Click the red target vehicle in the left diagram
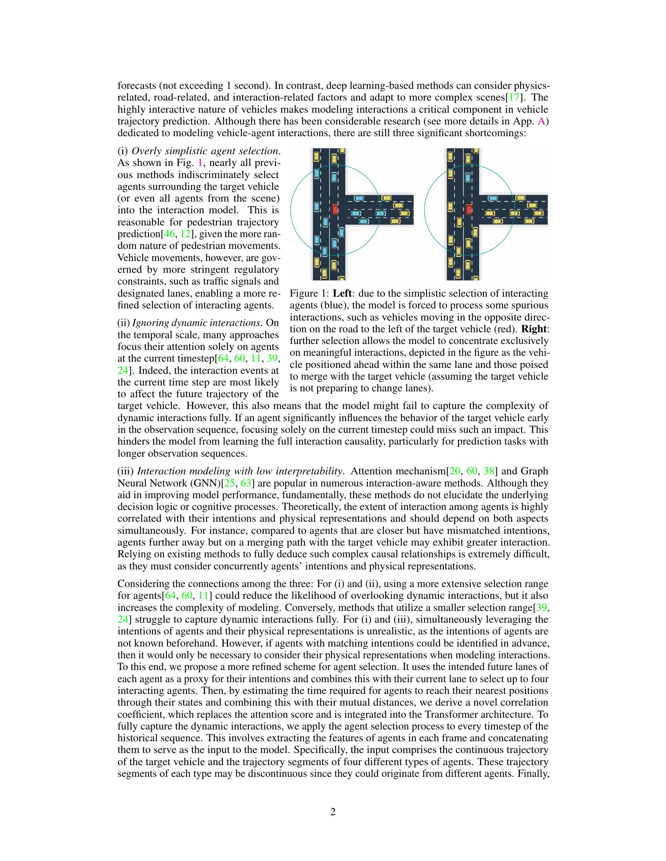[x=335, y=209]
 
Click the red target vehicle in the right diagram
[x=469, y=209]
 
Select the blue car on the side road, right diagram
[x=492, y=198]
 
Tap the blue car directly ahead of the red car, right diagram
[x=468, y=178]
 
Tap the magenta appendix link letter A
[x=542, y=121]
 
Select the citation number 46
[x=169, y=234]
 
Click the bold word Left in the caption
[x=342, y=293]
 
